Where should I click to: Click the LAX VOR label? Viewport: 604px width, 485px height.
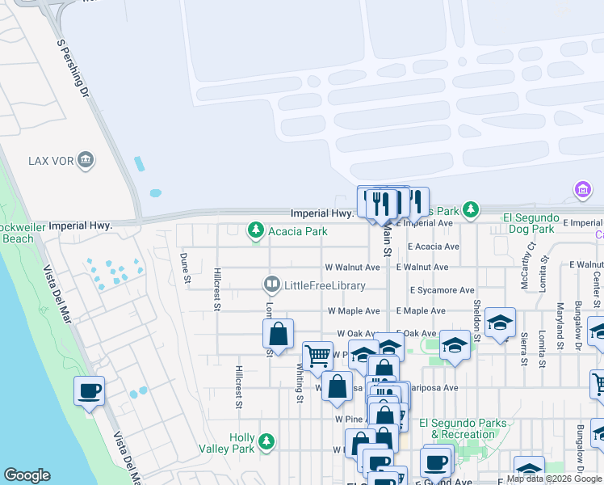click(x=50, y=160)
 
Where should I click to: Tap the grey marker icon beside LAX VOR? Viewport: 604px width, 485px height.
click(x=86, y=161)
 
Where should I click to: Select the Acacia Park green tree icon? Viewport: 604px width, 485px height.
click(x=256, y=231)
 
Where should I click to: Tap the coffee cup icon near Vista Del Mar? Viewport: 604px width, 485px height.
click(x=89, y=391)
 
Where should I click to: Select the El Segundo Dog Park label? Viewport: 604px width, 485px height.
click(x=530, y=223)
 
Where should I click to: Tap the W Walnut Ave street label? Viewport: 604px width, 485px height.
click(x=352, y=267)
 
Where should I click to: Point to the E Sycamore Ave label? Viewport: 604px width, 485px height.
click(x=442, y=289)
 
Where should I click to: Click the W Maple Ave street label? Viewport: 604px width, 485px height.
click(x=353, y=310)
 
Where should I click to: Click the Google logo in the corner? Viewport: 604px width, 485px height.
click(x=27, y=475)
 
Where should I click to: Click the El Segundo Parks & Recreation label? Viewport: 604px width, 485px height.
click(x=463, y=428)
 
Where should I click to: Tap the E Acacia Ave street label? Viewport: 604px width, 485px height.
click(x=433, y=247)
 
